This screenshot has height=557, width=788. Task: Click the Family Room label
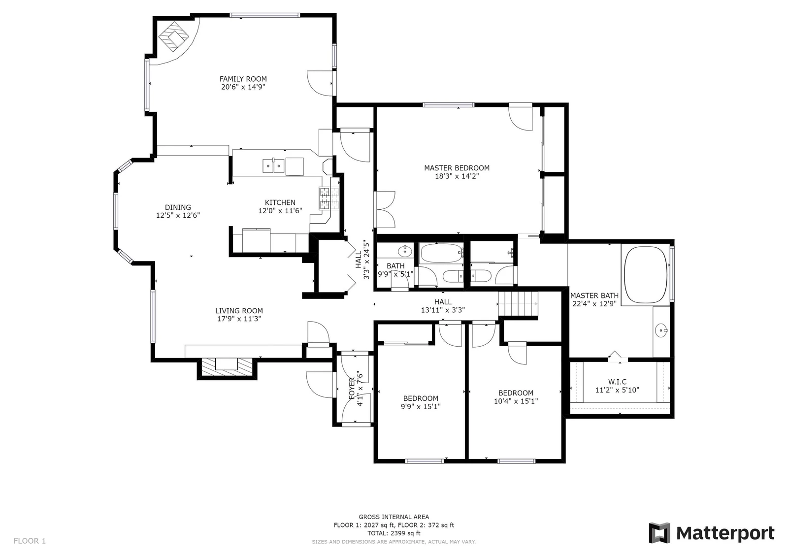click(243, 79)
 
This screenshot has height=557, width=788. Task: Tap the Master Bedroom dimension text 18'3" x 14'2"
click(457, 176)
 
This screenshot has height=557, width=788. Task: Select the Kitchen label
click(280, 203)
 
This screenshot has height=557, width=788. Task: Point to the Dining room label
click(178, 208)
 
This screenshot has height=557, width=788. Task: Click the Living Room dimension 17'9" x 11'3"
click(239, 319)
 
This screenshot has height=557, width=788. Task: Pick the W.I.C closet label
click(618, 382)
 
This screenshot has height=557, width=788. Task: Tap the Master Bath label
click(594, 296)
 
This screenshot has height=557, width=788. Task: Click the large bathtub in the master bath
click(646, 274)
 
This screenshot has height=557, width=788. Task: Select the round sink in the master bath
click(661, 330)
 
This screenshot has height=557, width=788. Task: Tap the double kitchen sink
click(273, 166)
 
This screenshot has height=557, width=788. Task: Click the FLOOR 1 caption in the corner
click(30, 541)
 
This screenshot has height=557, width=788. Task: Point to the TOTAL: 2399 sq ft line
click(394, 533)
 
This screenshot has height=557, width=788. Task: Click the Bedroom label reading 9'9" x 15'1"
click(421, 402)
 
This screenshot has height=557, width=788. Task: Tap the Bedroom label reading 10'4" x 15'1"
click(516, 397)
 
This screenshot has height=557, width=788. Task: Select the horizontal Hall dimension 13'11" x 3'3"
click(443, 310)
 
